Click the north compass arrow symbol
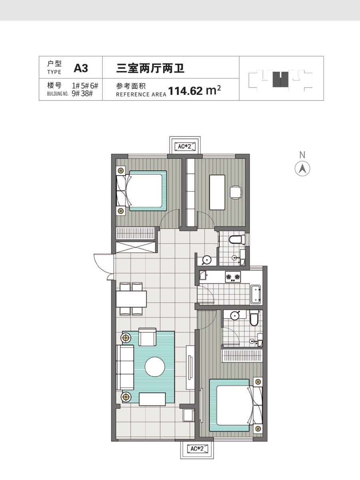(x=302, y=169)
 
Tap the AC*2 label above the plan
(x=185, y=146)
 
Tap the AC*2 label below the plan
(x=197, y=449)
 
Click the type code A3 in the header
(x=81, y=68)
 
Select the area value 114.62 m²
(x=194, y=90)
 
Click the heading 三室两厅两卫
(x=150, y=68)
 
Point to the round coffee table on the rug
(x=155, y=367)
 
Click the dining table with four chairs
(x=131, y=299)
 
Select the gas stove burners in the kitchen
(x=233, y=277)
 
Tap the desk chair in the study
(x=236, y=192)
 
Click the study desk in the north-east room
(x=217, y=192)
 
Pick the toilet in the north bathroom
(x=237, y=240)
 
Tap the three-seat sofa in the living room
(x=125, y=367)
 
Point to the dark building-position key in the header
(x=280, y=79)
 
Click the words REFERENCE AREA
(x=141, y=94)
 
